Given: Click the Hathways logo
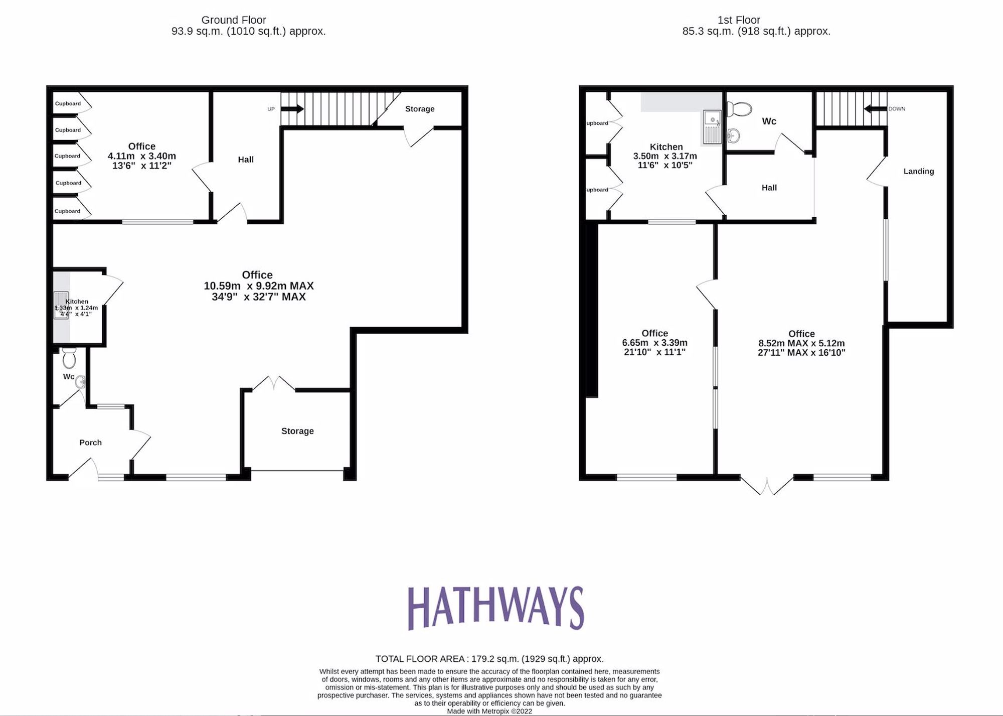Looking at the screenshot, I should pos(496,608).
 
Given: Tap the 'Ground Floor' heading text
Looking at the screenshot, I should pos(234,20).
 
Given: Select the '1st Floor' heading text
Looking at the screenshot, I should pos(739,20).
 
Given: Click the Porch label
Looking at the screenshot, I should pos(91,443).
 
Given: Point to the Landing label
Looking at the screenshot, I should pos(919,172).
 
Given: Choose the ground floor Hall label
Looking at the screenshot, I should pos(246,160).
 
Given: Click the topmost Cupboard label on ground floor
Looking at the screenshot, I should pos(68,104).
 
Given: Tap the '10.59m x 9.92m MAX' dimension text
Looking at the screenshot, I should pos(259,286).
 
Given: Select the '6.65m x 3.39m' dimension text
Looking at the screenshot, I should pos(655,343).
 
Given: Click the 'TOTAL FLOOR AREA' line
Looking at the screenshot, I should pos(489,659).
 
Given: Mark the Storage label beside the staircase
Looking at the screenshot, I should pos(420,109).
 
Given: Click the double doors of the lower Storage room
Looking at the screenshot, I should pos(273,384).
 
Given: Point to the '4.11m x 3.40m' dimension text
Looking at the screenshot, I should pos(142,156).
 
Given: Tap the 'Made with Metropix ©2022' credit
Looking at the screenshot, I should pos(489,711).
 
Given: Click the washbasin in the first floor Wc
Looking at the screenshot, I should pos(733,135).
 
